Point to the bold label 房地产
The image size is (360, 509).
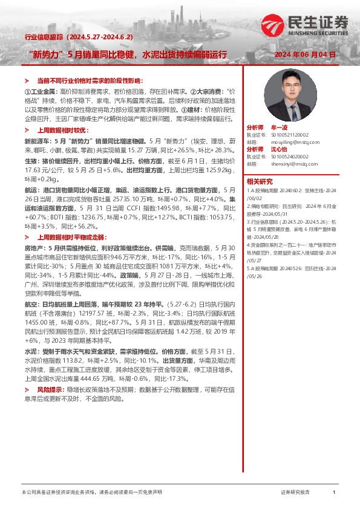coord(34,247)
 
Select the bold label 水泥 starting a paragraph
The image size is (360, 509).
coord(30,350)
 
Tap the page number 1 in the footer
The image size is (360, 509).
coord(333,493)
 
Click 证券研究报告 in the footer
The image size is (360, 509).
coord(295,493)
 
